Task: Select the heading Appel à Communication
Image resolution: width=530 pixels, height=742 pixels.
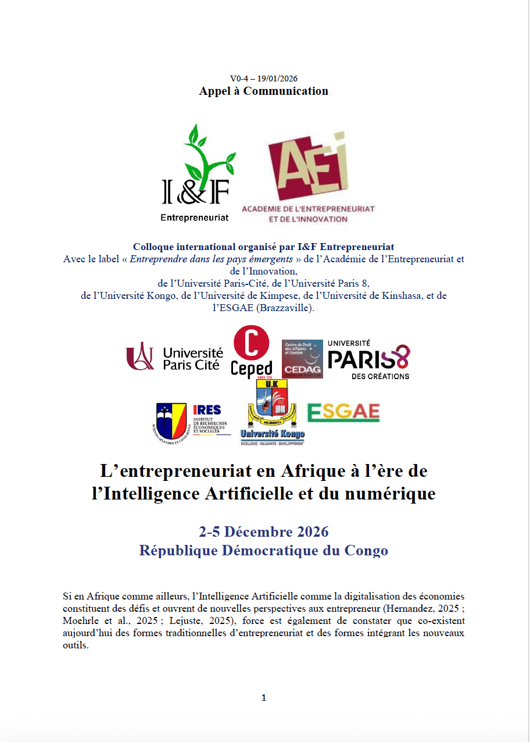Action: (x=263, y=91)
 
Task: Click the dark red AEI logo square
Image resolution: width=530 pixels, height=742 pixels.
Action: (x=308, y=169)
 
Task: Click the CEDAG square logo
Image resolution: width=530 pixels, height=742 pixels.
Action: (x=302, y=359)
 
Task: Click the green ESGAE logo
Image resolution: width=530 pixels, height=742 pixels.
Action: (x=343, y=412)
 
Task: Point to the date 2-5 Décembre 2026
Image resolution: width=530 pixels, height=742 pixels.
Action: (x=263, y=531)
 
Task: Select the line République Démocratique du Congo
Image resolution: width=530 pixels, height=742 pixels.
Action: (x=263, y=550)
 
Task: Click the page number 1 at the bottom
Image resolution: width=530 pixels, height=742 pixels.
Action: (x=264, y=698)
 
